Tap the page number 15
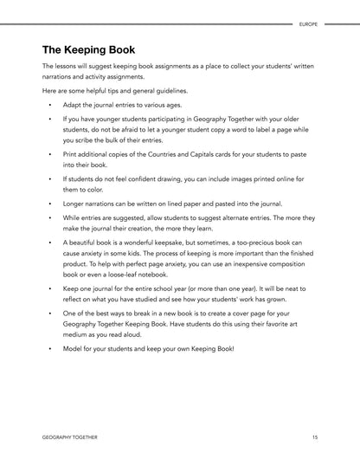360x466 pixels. click(x=315, y=438)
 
